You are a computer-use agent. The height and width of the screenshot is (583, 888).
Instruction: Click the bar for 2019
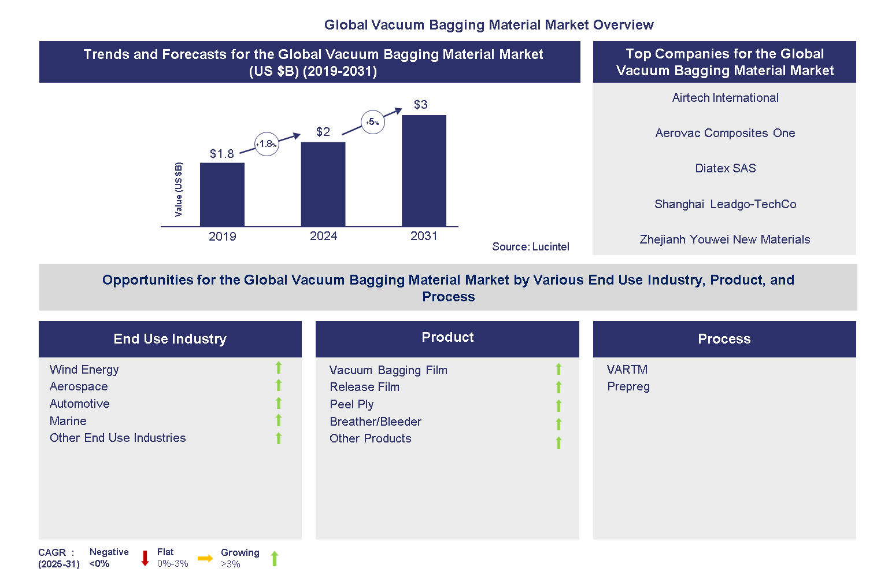point(222,194)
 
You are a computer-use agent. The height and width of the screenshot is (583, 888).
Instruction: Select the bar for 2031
point(424,171)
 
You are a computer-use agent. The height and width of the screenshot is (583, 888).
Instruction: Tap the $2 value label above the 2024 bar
point(323,132)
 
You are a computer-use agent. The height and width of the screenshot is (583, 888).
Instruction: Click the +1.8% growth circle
point(267,144)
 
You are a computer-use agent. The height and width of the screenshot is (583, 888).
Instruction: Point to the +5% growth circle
point(373,122)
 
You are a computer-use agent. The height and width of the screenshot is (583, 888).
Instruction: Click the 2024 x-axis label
point(323,236)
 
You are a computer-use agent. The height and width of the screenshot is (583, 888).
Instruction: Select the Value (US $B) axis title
point(179,190)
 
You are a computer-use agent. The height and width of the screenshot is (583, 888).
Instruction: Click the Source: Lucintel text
point(530,247)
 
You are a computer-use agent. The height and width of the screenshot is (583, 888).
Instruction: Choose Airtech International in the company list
point(725,98)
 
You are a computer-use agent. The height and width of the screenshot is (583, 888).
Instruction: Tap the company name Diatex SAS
point(725,168)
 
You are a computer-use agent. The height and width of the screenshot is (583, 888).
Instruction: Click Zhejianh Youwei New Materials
point(724,239)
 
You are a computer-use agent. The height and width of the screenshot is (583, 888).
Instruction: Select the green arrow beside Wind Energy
point(279,368)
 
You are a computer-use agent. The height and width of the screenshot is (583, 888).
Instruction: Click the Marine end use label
point(68,421)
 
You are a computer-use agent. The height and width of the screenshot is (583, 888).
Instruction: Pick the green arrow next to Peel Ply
point(558,405)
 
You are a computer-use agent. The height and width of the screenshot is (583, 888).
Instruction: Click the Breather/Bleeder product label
point(375,422)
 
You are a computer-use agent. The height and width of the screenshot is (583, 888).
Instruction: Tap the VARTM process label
point(627,370)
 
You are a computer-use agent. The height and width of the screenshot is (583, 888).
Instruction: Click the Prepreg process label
point(628,386)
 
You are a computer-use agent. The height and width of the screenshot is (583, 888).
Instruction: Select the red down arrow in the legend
point(145,558)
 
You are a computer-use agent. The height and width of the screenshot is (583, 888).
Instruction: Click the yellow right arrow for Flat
point(205,558)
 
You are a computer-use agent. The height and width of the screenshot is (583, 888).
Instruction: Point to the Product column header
point(447,338)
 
